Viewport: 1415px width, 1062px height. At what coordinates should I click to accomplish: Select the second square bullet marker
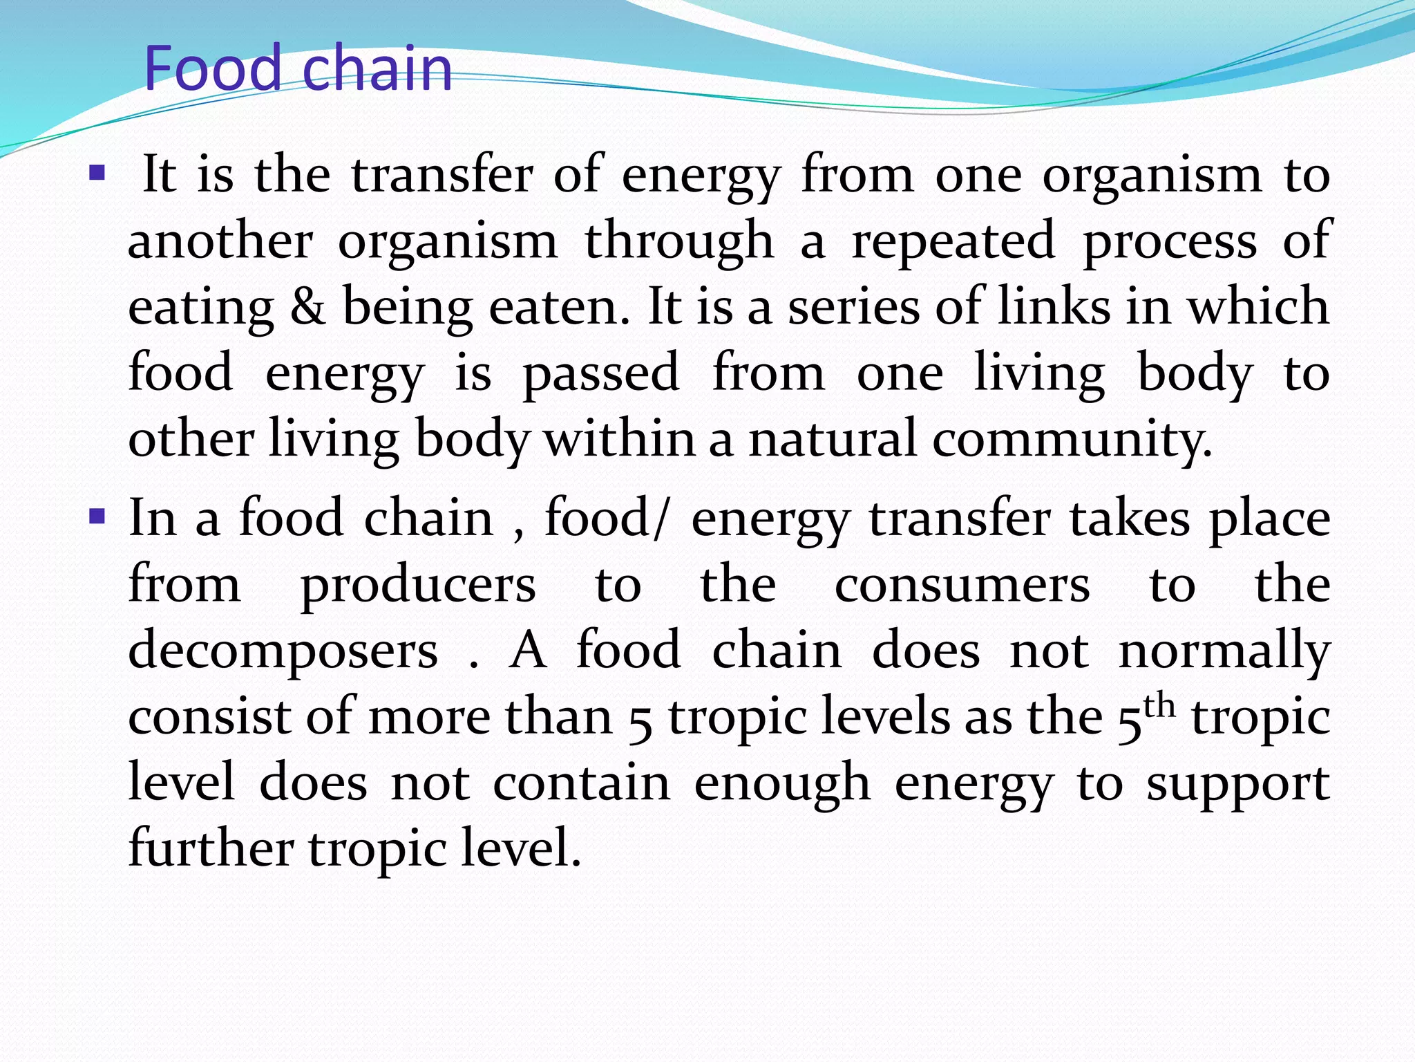click(x=97, y=515)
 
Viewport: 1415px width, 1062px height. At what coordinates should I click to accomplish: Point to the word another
click(x=220, y=241)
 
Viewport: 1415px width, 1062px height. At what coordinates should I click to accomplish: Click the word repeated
click(x=953, y=241)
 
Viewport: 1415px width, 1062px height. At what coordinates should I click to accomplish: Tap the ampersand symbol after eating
click(x=308, y=307)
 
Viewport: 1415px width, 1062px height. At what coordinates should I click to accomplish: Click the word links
click(x=1054, y=307)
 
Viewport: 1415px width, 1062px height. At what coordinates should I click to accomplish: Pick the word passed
click(x=601, y=374)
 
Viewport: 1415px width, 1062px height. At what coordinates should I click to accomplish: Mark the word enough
click(x=782, y=785)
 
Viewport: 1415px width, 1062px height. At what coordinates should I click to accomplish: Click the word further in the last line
click(x=211, y=849)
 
